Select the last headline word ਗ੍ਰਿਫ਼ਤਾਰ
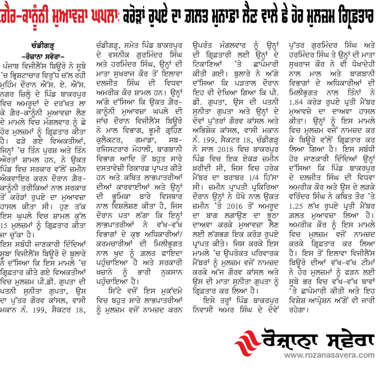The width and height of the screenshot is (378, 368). (x=353, y=17)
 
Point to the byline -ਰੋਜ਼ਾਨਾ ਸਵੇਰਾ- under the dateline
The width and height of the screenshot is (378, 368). (x=44, y=54)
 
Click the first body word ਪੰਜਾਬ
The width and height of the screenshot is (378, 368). (x=11, y=61)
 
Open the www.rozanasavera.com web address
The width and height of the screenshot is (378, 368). (x=328, y=355)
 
